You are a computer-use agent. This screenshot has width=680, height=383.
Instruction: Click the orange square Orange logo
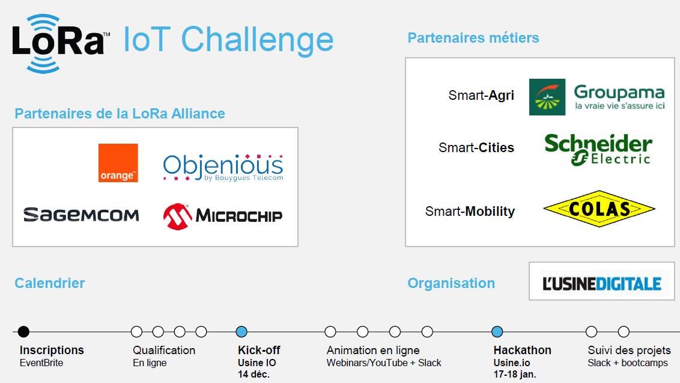(x=118, y=163)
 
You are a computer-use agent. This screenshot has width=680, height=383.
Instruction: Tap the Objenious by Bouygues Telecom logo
(x=223, y=167)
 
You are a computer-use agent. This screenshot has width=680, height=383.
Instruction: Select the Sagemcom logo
(x=81, y=215)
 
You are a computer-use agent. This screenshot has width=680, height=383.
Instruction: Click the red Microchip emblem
(x=177, y=216)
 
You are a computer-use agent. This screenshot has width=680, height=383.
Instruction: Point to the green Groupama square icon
(x=547, y=97)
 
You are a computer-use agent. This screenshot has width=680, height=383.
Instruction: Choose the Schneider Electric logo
(x=598, y=149)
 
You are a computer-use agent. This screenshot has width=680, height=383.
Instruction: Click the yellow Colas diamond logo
(x=599, y=209)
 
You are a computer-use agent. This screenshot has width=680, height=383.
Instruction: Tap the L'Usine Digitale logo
(x=601, y=284)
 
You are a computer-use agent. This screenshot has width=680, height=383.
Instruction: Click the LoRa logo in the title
(x=60, y=43)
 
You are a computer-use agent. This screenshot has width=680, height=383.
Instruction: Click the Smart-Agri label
(x=481, y=95)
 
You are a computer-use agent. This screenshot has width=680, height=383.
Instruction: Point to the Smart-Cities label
(x=476, y=148)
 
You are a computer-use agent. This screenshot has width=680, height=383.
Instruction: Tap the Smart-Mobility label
(x=470, y=212)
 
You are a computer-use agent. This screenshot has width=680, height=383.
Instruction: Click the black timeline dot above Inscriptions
(x=24, y=332)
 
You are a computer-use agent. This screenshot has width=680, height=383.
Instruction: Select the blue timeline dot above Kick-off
(x=241, y=332)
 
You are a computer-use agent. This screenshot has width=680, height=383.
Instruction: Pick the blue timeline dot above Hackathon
(x=497, y=332)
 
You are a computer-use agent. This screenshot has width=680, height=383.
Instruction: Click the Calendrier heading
(x=50, y=283)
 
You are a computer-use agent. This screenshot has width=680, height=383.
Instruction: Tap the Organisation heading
(x=451, y=284)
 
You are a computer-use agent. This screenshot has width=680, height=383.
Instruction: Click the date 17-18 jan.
(x=515, y=374)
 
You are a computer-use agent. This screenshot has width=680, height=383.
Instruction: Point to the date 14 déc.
(x=253, y=374)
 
